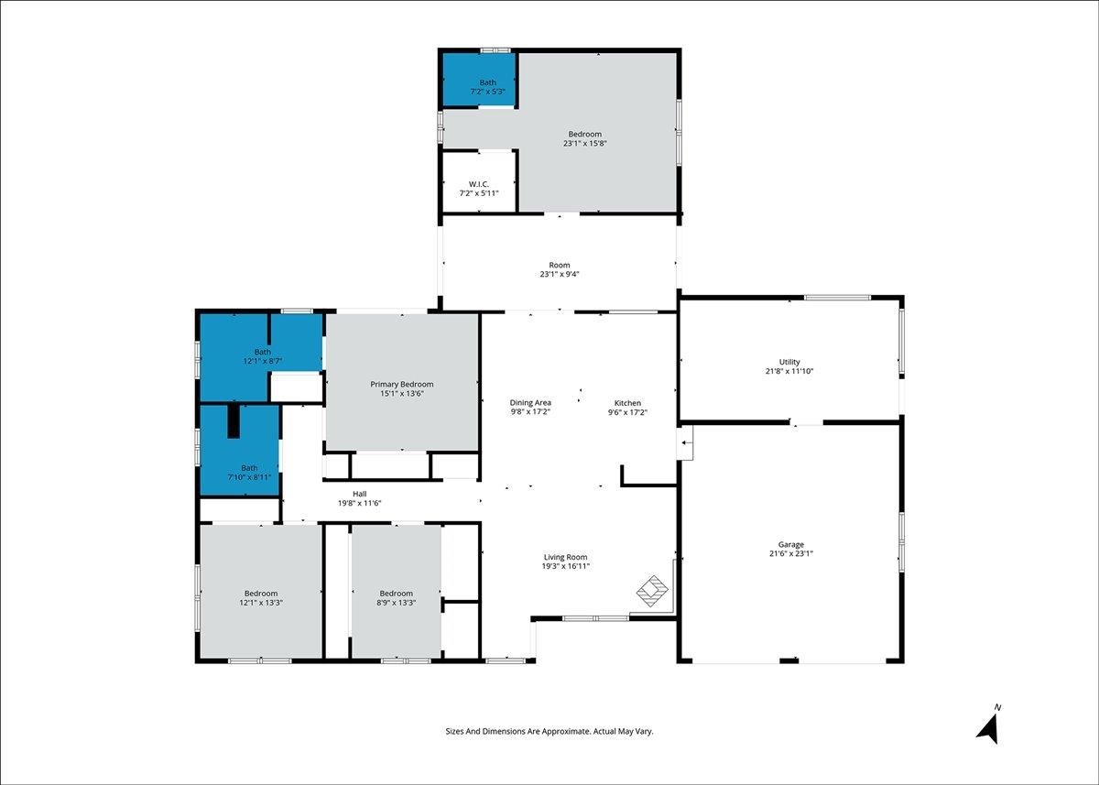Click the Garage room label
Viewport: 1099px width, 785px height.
791,544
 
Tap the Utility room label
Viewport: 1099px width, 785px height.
789,362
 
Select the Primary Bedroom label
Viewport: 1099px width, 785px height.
402,384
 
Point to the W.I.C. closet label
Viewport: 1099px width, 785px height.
479,184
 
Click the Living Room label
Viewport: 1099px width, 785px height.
565,557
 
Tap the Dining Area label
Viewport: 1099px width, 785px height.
530,403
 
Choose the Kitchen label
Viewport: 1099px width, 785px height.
627,403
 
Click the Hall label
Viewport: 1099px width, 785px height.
360,494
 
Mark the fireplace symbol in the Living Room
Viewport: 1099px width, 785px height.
652,591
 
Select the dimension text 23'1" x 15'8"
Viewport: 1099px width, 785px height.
585,143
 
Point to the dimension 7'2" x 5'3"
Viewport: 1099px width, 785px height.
487,92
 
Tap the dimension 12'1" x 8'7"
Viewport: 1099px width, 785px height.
263,361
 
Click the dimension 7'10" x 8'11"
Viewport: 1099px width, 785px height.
249,477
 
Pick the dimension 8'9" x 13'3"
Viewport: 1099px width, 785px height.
396,602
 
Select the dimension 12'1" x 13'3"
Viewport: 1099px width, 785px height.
261,602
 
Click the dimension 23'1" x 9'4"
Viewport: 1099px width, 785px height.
560,274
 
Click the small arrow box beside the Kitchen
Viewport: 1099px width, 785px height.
685,442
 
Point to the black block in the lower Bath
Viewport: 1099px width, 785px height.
234,421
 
